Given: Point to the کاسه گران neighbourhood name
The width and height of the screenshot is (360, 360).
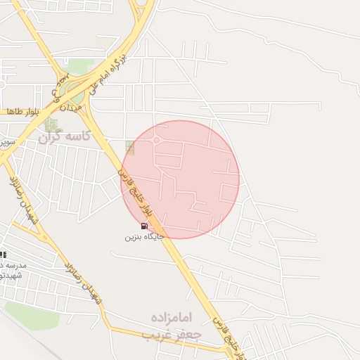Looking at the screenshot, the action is click(x=65, y=136).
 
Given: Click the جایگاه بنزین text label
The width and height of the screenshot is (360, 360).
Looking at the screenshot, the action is click(x=144, y=237).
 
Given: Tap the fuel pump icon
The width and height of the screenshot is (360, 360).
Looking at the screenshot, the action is click(x=144, y=226).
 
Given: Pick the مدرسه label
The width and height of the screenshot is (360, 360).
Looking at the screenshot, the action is click(x=13, y=265).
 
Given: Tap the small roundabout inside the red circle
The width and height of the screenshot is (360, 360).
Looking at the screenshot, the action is click(x=157, y=141).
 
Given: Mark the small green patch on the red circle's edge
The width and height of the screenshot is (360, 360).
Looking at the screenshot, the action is click(x=129, y=147).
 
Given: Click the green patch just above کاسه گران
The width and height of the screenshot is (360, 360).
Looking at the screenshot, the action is click(x=51, y=124).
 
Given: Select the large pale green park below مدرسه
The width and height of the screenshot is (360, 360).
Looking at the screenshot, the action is click(x=32, y=314).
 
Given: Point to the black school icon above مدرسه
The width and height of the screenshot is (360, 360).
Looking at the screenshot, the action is click(x=2, y=255).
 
